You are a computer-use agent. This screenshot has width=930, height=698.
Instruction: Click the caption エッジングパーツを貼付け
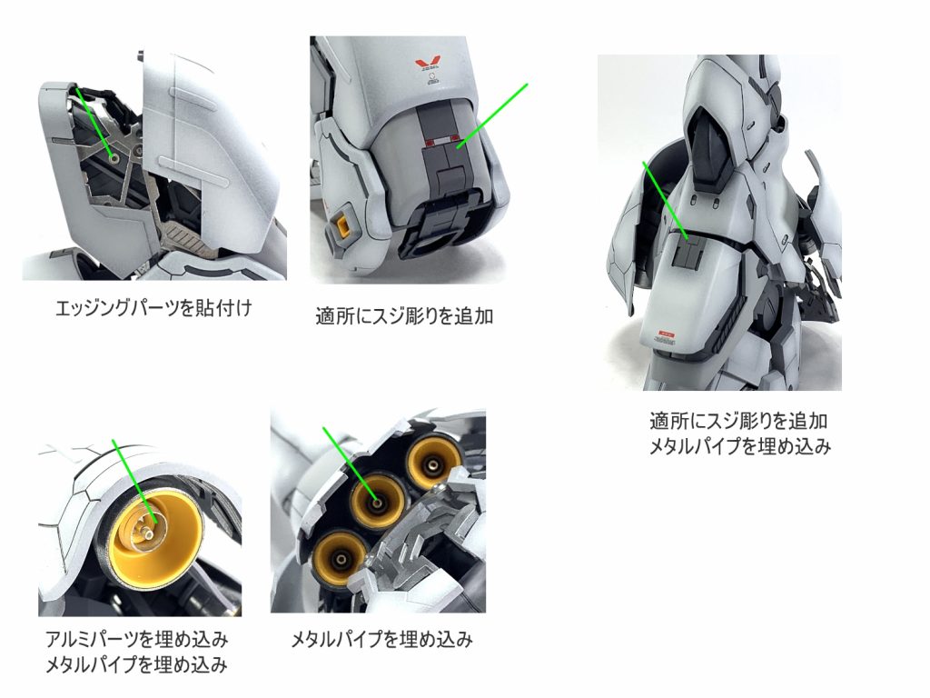[x=153, y=308]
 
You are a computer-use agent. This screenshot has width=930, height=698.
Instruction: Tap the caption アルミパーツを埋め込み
[x=136, y=637]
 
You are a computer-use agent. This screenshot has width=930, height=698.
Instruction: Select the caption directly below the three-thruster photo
[x=381, y=640]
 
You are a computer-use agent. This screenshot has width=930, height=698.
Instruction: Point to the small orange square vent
[x=344, y=222]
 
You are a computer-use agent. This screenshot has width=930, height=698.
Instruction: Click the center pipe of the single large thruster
[x=145, y=525]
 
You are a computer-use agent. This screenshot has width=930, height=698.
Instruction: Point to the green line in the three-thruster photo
[x=350, y=464]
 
